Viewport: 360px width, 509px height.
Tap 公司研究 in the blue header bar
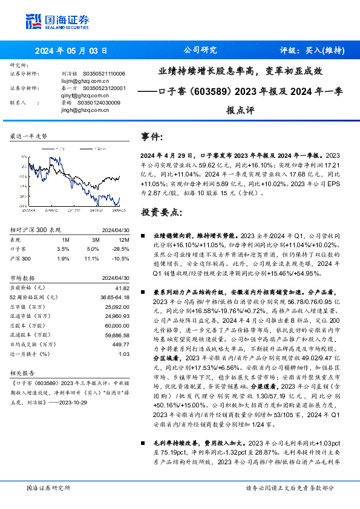200,51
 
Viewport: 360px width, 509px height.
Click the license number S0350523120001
103,88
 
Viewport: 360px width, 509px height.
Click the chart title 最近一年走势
29,137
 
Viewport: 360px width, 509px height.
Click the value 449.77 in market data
122,345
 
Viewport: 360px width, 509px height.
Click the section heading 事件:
152,136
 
